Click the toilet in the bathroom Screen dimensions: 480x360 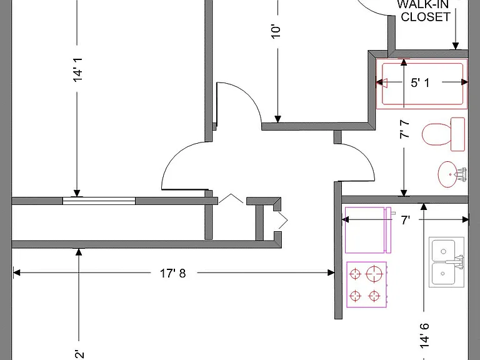[443, 134]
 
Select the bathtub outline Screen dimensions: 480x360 [422, 84]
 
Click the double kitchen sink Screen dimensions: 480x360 [447, 262]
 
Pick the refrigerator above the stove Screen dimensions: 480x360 [368, 230]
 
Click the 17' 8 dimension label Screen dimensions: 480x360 [173, 273]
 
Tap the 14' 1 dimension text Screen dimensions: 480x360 [77, 69]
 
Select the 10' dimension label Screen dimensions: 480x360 [276, 31]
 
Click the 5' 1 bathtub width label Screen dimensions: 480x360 [420, 82]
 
